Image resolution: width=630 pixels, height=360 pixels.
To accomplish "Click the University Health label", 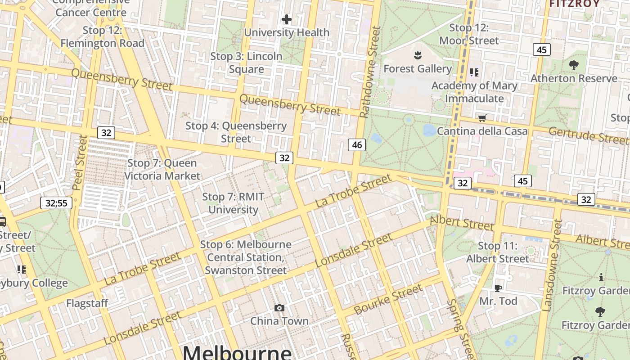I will click(x=287, y=32).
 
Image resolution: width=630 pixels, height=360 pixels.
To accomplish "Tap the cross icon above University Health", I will click(x=287, y=19).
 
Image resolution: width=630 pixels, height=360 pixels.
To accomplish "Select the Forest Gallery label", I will click(x=418, y=69).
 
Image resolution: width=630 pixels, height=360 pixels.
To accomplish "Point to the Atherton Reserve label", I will click(x=574, y=78).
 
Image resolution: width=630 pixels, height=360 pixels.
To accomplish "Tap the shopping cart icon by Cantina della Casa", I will click(x=482, y=118).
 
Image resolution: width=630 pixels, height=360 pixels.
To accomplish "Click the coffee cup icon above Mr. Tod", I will click(x=498, y=288).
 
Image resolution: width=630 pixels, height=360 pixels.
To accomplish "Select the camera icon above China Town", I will click(x=279, y=308).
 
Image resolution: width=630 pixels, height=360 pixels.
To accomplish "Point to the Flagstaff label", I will click(x=87, y=303).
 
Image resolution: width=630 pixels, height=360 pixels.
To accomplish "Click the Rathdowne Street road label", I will click(x=370, y=72).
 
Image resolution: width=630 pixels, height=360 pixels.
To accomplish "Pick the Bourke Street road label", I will click(x=388, y=299).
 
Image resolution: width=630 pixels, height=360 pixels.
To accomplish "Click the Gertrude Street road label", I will click(x=589, y=135).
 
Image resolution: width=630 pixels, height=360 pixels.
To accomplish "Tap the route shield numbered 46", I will click(x=357, y=145).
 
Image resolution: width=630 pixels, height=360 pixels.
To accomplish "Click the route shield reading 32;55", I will click(x=56, y=203).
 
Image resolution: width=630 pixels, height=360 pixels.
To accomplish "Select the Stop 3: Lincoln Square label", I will click(x=246, y=63).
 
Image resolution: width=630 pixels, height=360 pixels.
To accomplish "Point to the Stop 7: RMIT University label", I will click(x=233, y=203).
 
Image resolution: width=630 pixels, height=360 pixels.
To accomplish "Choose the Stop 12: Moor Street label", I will click(x=469, y=34).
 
